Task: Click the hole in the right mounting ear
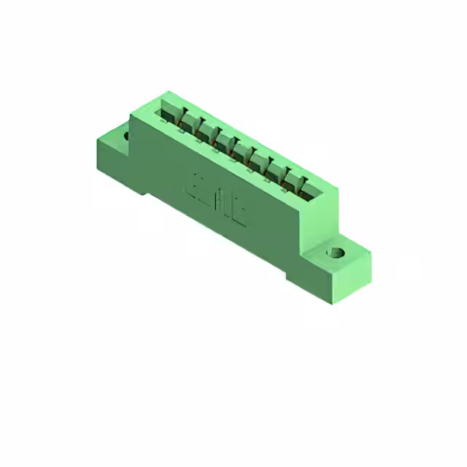[337, 253]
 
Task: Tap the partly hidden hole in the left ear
[126, 136]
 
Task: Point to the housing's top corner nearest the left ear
[131, 115]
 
